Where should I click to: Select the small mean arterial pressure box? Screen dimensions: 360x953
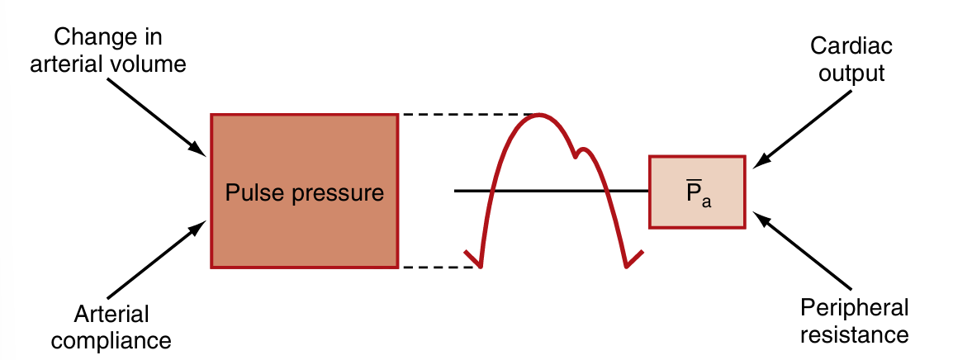click(698, 192)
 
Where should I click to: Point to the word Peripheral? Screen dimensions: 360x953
click(854, 309)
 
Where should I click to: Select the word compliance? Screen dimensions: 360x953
click(121, 339)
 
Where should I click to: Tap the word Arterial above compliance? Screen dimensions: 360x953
click(111, 314)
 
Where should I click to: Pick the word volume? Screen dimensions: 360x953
click(154, 64)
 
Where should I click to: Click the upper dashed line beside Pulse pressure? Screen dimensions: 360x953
click(462, 114)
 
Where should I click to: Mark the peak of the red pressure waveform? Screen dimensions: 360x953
click(539, 115)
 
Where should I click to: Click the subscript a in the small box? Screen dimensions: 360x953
click(706, 201)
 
